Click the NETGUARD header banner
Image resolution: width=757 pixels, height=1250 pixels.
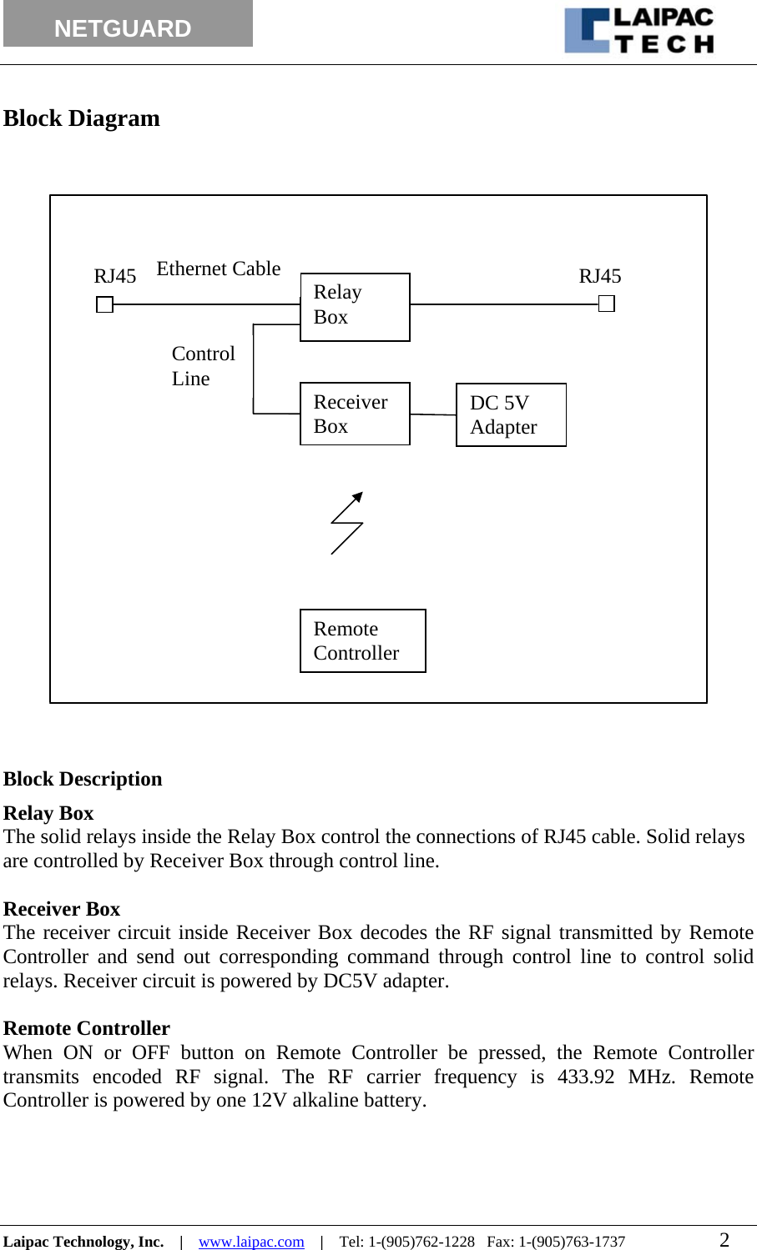(x=128, y=25)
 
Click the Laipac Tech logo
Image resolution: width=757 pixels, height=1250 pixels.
(x=639, y=31)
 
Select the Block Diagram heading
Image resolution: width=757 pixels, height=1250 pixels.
(x=82, y=118)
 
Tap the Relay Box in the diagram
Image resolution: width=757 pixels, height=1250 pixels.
(x=355, y=307)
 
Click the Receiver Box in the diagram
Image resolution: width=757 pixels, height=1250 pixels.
(x=355, y=414)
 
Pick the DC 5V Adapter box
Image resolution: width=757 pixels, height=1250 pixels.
(x=511, y=414)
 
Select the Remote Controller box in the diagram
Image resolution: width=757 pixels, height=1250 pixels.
(x=362, y=640)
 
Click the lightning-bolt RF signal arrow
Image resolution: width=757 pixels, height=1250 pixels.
(x=347, y=523)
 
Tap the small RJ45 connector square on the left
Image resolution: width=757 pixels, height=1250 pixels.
(x=104, y=305)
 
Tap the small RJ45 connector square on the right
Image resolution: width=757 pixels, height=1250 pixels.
(x=607, y=304)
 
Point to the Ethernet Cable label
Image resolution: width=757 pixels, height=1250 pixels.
(x=219, y=269)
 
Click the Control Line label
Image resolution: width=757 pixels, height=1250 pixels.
(x=203, y=366)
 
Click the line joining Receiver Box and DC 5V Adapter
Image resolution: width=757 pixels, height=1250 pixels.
(x=432, y=414)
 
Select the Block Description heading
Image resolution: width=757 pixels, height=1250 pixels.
(x=83, y=779)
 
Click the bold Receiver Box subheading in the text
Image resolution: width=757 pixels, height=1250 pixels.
(x=62, y=909)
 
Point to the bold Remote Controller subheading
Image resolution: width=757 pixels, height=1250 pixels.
(x=87, y=1028)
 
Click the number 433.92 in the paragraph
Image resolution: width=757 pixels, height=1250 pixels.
(x=585, y=1077)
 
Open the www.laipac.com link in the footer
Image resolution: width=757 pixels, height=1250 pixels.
(x=251, y=1242)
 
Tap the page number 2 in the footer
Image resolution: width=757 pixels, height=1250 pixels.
(x=724, y=1240)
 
